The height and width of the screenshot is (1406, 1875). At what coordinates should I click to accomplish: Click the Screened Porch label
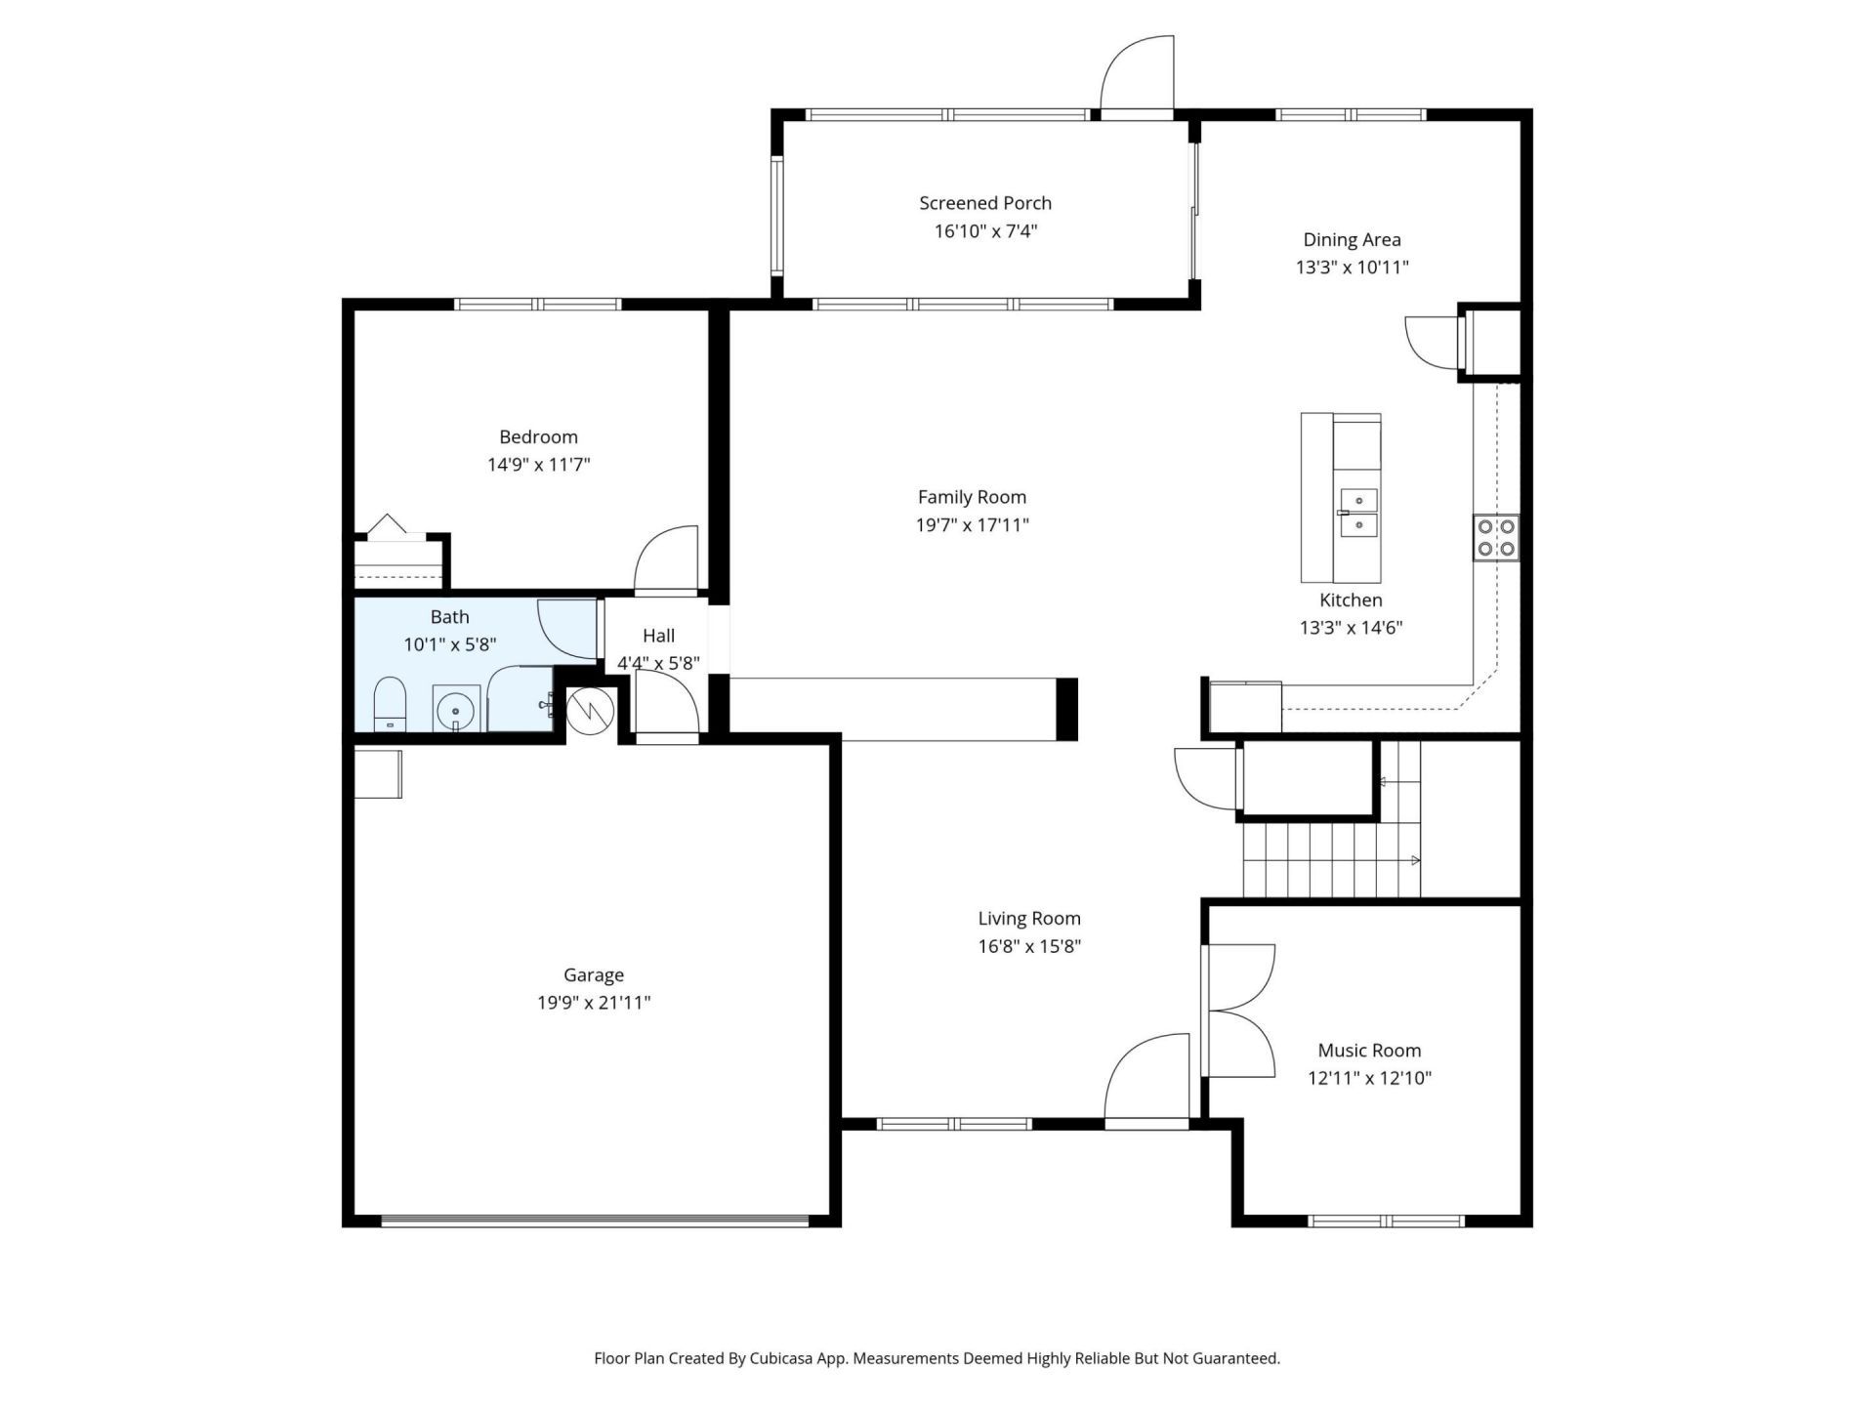(984, 203)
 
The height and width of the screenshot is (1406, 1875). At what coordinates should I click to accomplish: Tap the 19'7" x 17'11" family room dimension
(972, 525)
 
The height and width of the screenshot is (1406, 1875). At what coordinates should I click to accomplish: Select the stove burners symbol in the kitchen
(1495, 537)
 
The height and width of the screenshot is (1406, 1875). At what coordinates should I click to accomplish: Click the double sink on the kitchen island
(1358, 514)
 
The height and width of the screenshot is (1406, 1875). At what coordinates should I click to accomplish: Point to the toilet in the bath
(389, 703)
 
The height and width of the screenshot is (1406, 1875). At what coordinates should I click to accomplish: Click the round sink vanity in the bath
(456, 709)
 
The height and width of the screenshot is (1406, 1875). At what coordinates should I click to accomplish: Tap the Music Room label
(1369, 1051)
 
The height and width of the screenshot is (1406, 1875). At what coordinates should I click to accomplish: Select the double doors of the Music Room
(1238, 1011)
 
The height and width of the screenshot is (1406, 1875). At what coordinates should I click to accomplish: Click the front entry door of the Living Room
(1147, 1079)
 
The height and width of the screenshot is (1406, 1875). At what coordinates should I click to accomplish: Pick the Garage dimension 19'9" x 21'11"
(593, 1003)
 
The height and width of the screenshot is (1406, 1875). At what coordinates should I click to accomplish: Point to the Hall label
(658, 636)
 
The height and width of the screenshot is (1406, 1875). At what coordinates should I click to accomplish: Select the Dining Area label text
(1352, 240)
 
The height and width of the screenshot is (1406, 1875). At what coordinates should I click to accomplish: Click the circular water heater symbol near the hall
(589, 711)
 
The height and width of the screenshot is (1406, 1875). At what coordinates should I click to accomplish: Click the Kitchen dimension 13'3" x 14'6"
(1351, 628)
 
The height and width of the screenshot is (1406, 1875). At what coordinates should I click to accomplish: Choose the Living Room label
(1029, 919)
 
